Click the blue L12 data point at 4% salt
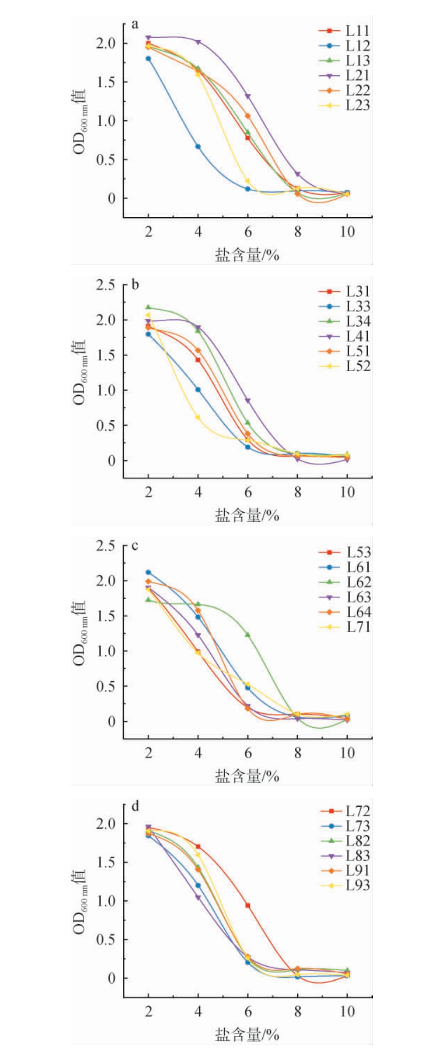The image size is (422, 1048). pos(198,147)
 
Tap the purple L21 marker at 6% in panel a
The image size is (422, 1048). pos(248,97)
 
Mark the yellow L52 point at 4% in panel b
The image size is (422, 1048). pos(198,417)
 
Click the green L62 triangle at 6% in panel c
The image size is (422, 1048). pos(248,635)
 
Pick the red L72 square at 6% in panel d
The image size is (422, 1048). pos(248,905)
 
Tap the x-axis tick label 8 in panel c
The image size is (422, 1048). pos(297,753)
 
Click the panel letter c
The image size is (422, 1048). pos(135,546)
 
